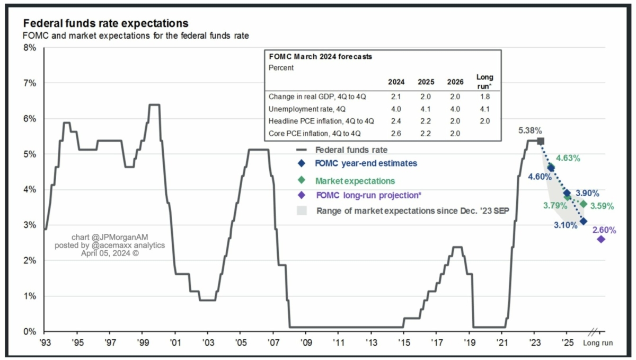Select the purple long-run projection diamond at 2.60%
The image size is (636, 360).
pyautogui.click(x=601, y=239)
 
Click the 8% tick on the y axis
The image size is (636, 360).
pyautogui.click(x=29, y=48)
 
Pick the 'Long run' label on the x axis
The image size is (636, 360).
pyautogui.click(x=598, y=343)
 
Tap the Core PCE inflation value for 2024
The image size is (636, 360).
pyautogui.click(x=395, y=133)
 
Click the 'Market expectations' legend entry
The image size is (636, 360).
pyautogui.click(x=355, y=181)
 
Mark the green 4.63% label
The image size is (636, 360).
pyautogui.click(x=568, y=158)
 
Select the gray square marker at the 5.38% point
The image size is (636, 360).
pyautogui.click(x=540, y=141)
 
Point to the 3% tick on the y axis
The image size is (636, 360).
pyautogui.click(x=29, y=225)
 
